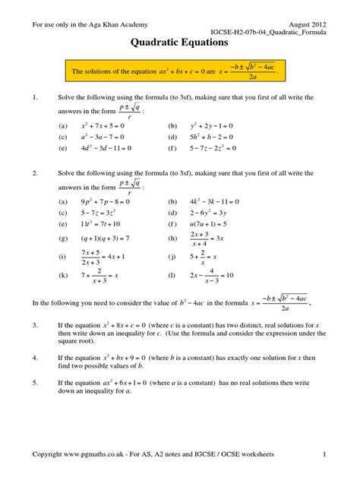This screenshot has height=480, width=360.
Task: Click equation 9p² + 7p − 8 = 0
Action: pos(96,202)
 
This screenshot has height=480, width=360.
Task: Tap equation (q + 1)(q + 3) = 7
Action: pos(101,238)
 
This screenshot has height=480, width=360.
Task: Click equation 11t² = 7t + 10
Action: pos(93,226)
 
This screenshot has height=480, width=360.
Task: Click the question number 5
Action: pos(34,384)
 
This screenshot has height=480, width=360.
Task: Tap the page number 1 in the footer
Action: pos(324,454)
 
